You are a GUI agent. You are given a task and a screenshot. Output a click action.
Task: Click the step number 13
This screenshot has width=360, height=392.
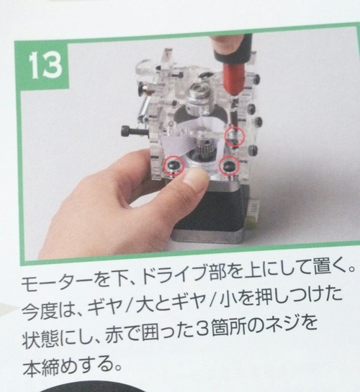[x=45, y=65]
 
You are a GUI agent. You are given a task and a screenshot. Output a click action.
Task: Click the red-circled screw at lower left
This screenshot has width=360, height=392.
[x=174, y=165]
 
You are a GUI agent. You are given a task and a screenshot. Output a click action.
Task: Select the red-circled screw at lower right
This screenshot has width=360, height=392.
[x=229, y=165]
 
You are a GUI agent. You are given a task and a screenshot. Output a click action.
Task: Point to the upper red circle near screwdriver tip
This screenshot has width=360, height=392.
[x=234, y=136]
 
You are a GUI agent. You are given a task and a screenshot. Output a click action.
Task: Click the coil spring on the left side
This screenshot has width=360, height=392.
[x=143, y=107]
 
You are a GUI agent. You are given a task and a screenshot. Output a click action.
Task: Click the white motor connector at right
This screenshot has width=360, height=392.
[x=253, y=211]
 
